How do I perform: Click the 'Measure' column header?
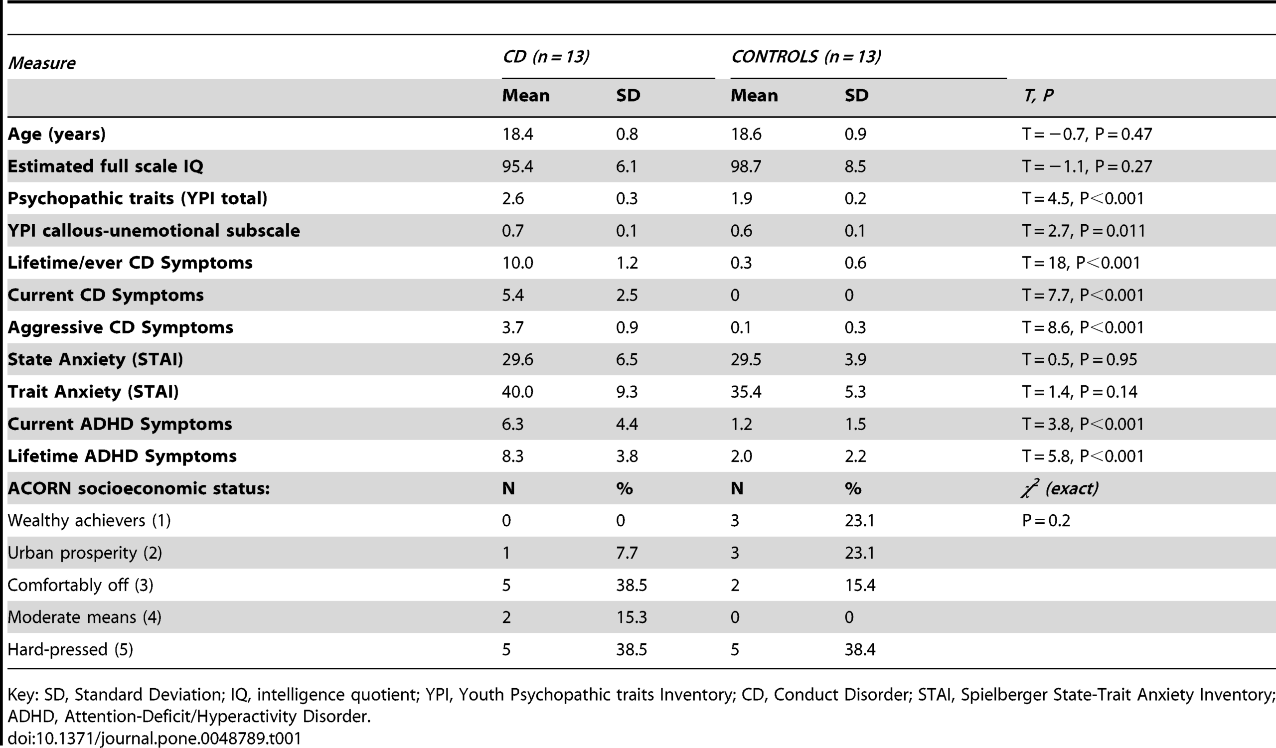[x=42, y=63]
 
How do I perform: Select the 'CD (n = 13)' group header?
[x=546, y=56]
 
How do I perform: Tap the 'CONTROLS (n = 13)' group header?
[x=806, y=56]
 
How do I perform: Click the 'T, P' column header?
[x=1039, y=96]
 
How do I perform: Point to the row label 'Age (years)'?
[x=57, y=134]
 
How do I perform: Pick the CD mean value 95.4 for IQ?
[x=517, y=166]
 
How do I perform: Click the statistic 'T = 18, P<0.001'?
[x=1081, y=263]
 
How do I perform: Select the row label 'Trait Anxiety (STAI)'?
[x=93, y=392]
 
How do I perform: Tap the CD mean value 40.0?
[x=517, y=392]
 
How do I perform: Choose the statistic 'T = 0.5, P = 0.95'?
[x=1080, y=359]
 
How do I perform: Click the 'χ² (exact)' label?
[x=1060, y=488]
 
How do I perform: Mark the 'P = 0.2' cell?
[x=1046, y=521]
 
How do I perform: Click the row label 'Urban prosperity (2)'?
[x=85, y=553]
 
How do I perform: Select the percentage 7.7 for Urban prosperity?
[x=627, y=553]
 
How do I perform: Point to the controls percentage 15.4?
[x=860, y=585]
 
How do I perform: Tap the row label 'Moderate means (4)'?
[x=85, y=617]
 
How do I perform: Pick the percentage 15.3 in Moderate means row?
[x=632, y=617]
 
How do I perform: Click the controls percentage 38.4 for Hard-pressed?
[x=860, y=649]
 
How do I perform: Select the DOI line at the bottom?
[x=155, y=738]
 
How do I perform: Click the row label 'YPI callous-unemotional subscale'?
[x=154, y=231]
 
